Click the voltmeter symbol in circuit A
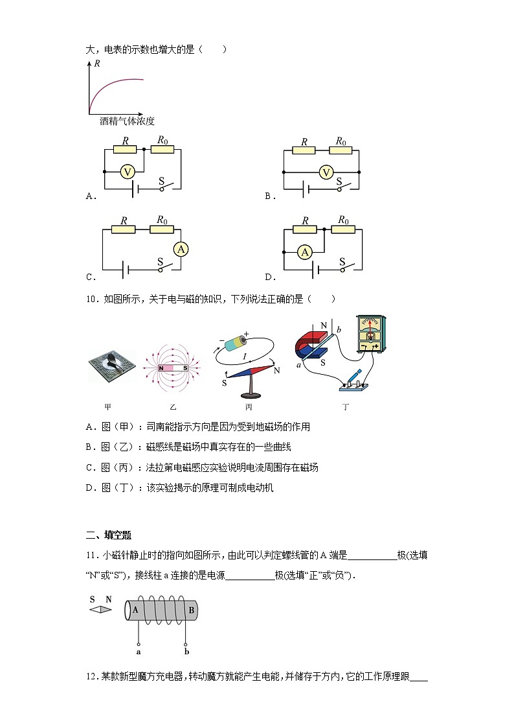click(x=128, y=172)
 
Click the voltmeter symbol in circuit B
click(x=326, y=172)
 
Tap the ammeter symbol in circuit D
click(x=305, y=252)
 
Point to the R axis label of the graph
click(x=96, y=64)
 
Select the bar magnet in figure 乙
click(x=173, y=368)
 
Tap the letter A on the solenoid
click(x=135, y=609)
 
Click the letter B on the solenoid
click(x=190, y=609)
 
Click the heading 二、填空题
click(x=109, y=535)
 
